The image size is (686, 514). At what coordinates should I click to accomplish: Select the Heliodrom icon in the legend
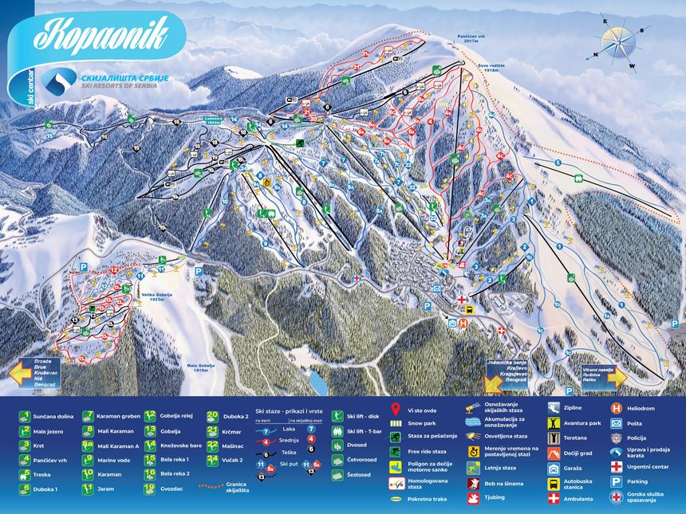616,407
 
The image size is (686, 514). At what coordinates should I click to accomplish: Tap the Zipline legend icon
554,407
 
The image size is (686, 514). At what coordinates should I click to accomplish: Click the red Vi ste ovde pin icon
395,409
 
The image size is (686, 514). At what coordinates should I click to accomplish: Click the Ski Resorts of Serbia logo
60,80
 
